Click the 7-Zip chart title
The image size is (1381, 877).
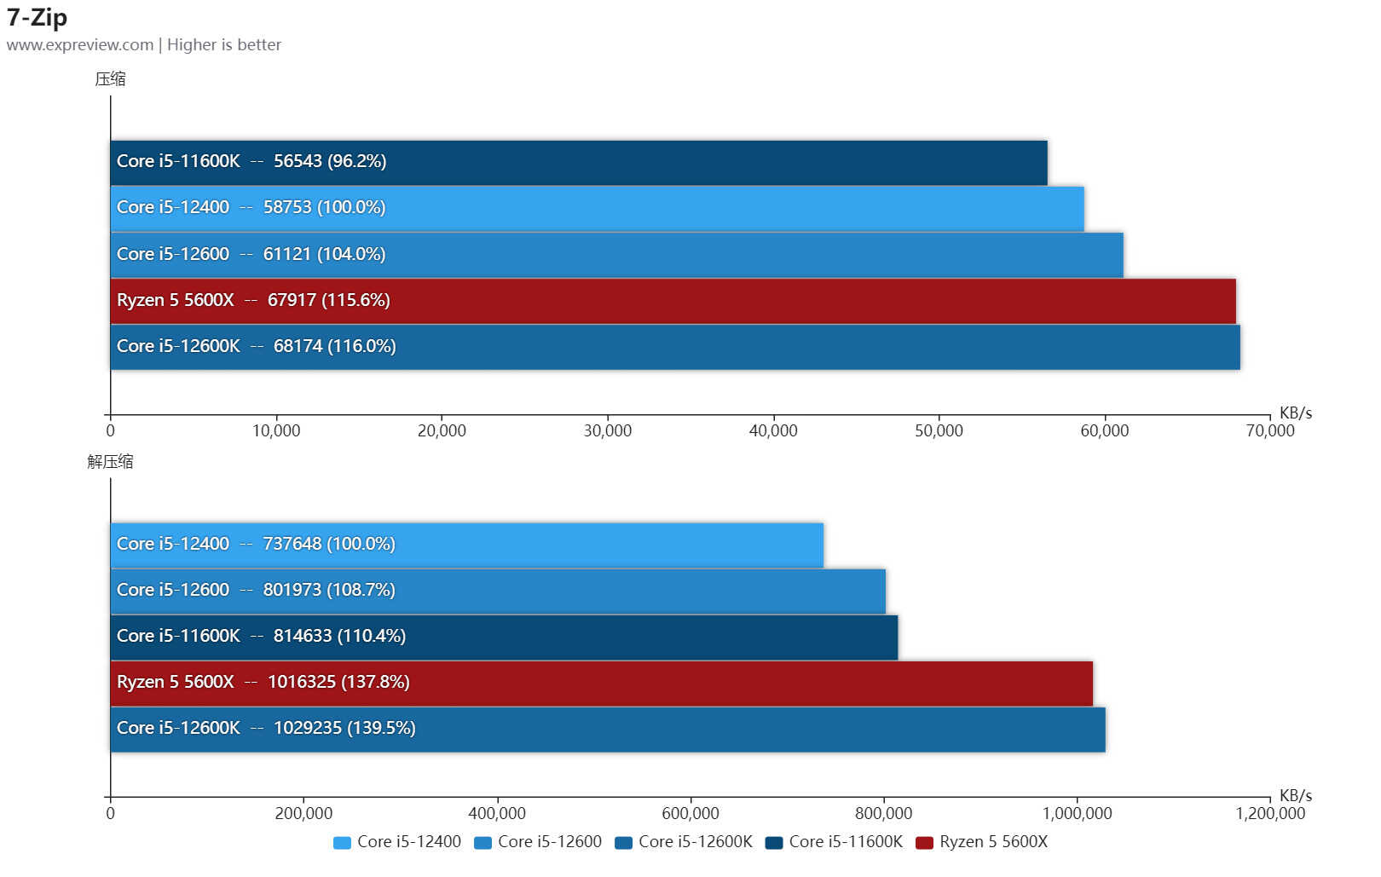[x=37, y=17]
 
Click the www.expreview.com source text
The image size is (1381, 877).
[x=79, y=45]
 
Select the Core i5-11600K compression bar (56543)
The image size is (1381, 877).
[x=578, y=162]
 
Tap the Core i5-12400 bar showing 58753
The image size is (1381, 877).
[x=597, y=208]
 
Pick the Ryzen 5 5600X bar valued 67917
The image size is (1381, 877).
[x=673, y=301]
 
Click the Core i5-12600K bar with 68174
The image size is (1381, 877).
[x=674, y=347]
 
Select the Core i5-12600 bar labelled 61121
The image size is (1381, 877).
[x=616, y=254]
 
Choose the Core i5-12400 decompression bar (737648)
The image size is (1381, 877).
[x=466, y=545]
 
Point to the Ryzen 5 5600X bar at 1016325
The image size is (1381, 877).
[x=601, y=683]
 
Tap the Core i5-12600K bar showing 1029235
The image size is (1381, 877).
[x=607, y=729]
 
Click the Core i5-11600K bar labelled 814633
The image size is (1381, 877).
[x=504, y=637]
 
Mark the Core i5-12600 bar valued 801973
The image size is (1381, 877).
[x=498, y=591]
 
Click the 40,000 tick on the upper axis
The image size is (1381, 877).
[x=773, y=431]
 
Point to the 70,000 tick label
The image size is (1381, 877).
[x=1269, y=431]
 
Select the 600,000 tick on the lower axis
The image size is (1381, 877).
[x=690, y=814]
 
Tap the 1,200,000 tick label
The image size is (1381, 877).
[x=1269, y=814]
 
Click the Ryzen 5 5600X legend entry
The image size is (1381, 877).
[x=981, y=842]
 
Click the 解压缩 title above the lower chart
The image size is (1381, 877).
[x=110, y=462]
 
